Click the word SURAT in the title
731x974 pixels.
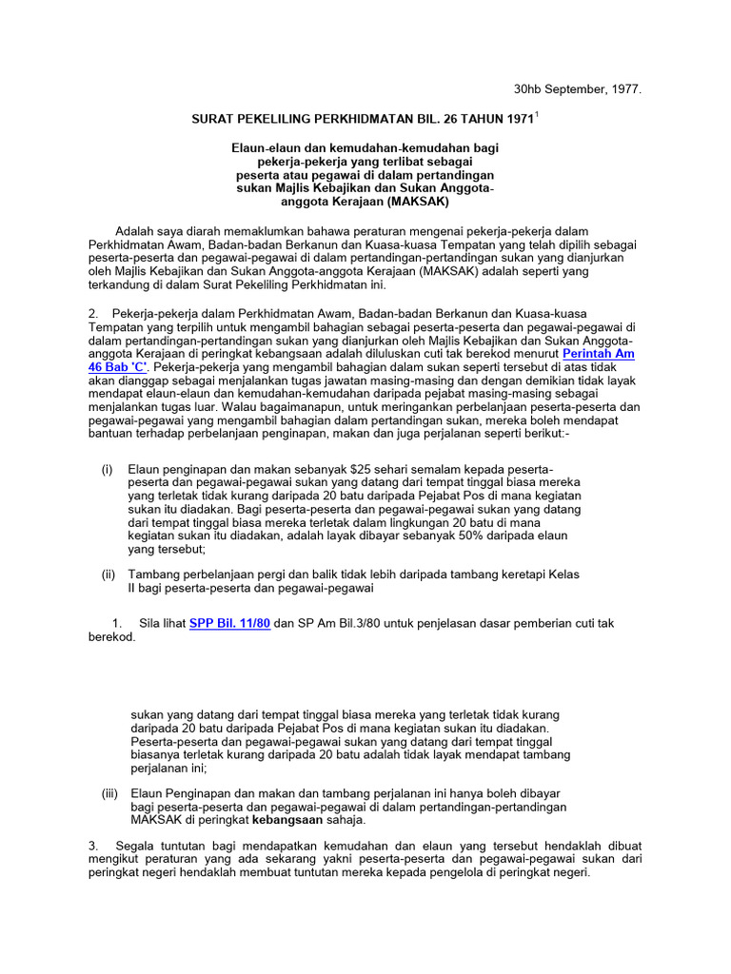(x=214, y=119)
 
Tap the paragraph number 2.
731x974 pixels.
(x=93, y=313)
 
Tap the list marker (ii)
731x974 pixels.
(x=109, y=575)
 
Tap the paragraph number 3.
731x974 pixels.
(x=93, y=845)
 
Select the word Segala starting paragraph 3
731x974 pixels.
(x=135, y=845)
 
